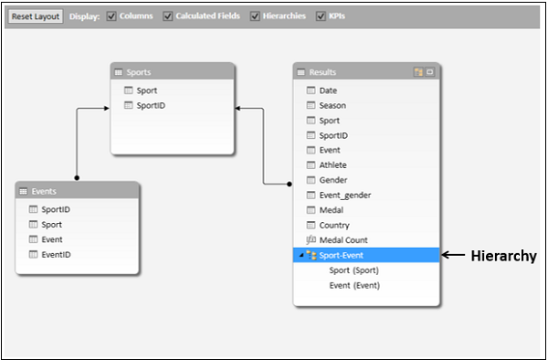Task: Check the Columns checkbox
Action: coord(111,16)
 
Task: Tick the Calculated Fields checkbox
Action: coord(168,16)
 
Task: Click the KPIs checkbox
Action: coord(321,16)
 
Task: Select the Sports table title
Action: coord(139,72)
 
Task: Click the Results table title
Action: coord(323,72)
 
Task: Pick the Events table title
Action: coord(44,191)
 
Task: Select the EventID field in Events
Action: coord(58,254)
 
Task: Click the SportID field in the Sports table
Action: coord(151,106)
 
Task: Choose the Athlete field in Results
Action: coord(332,165)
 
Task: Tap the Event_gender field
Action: coord(344,195)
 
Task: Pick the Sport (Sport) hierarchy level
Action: coord(353,270)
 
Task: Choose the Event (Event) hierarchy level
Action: coord(354,285)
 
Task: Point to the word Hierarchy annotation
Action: coord(503,257)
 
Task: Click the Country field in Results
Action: coord(333,225)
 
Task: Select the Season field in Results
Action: coord(332,106)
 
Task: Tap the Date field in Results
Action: coord(328,90)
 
